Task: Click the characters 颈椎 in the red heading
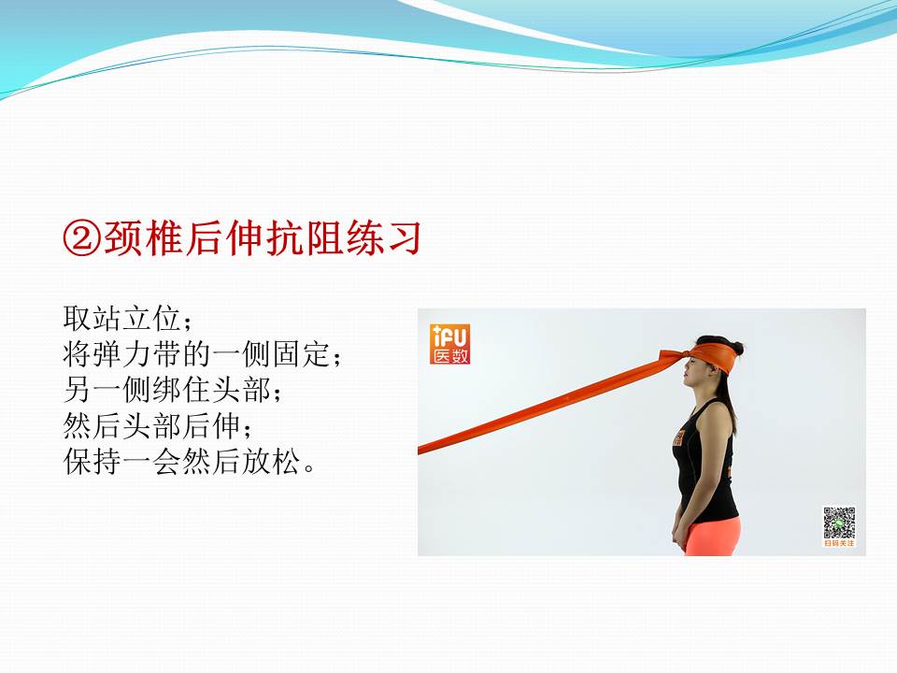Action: point(134,240)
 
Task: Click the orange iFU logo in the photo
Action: point(450,344)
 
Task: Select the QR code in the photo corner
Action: point(838,522)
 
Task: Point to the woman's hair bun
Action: point(737,348)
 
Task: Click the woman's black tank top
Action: point(705,467)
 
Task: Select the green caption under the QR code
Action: point(838,543)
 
